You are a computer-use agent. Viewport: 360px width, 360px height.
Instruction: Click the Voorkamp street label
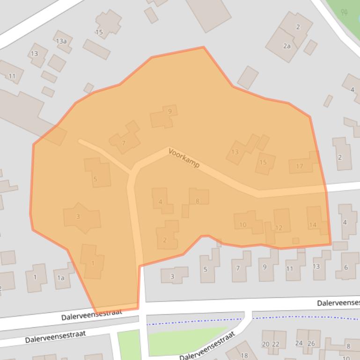pos(184,158)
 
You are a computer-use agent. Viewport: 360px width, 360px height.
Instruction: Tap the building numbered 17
pos(300,166)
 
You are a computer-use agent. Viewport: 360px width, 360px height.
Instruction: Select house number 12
pos(279,227)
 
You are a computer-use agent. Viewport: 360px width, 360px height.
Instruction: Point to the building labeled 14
pos(313,224)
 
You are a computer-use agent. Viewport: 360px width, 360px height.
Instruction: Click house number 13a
pos(61,41)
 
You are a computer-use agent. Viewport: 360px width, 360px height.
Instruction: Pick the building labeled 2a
pos(287,46)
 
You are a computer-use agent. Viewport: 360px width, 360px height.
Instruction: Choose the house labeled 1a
pos(60,278)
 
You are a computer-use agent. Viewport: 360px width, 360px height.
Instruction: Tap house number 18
pos(244,355)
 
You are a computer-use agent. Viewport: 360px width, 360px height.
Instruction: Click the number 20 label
pos(265,344)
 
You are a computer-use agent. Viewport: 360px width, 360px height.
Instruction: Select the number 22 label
pos(275,344)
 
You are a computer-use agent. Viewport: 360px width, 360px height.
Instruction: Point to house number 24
pos(299,343)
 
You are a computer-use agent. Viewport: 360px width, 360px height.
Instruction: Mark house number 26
pos(311,343)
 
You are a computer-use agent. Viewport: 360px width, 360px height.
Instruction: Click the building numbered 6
pos(346,267)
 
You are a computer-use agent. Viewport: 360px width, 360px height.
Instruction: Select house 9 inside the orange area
pos(169,111)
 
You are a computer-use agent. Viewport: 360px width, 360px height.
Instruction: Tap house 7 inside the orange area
pos(124,143)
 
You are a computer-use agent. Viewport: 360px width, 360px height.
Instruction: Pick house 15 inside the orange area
pos(263,162)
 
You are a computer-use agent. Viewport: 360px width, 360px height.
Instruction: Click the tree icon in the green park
pos(345,12)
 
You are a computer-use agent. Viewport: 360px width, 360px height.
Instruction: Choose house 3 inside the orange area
pos(78,216)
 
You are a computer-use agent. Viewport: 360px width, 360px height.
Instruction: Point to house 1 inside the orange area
pos(93,263)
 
